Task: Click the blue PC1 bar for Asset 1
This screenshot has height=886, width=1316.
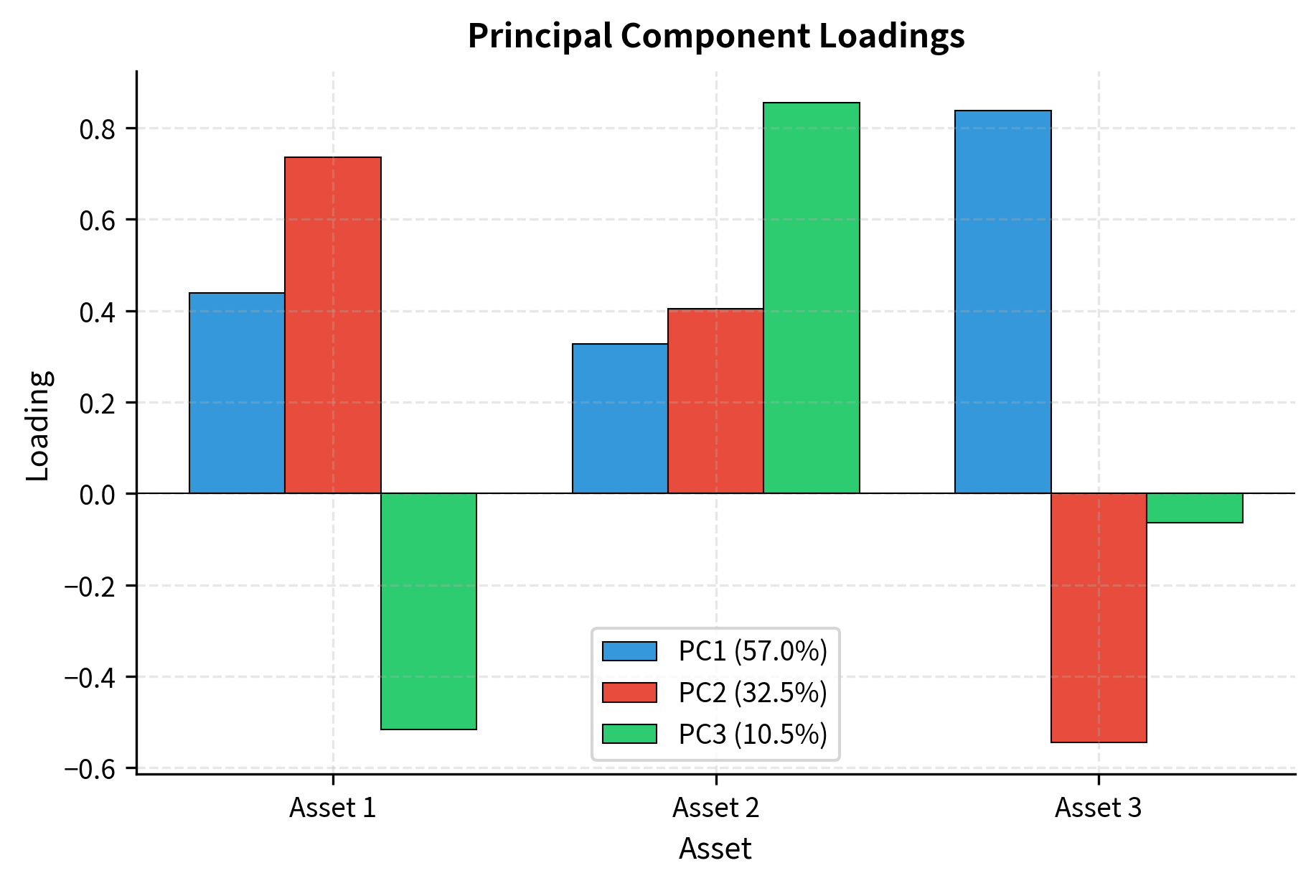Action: click(x=237, y=393)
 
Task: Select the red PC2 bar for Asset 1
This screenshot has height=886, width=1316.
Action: click(x=333, y=325)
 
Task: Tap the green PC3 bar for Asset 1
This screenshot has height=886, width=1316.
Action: click(x=428, y=611)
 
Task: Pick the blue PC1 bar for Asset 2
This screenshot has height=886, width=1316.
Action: click(x=620, y=419)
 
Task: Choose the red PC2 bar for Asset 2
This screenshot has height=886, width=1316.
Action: click(x=715, y=401)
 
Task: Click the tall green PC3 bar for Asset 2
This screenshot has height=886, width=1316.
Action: click(x=812, y=298)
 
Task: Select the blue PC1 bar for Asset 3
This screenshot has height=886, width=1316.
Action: click(x=1002, y=302)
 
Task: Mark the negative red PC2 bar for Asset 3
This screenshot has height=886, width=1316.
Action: click(x=1099, y=617)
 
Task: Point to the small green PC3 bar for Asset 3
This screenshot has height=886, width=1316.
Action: click(x=1195, y=508)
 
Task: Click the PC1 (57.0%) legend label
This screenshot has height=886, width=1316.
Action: click(x=753, y=651)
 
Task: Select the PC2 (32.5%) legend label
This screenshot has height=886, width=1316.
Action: click(x=753, y=693)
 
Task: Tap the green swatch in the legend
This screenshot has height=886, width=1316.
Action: click(x=629, y=734)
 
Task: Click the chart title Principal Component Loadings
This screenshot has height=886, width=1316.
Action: click(x=715, y=36)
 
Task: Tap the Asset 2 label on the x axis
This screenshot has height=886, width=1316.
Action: click(x=715, y=808)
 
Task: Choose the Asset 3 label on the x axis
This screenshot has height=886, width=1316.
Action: click(x=1098, y=808)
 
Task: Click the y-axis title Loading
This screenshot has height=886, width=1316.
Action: click(x=37, y=425)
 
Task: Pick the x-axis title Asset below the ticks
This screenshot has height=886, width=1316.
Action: click(x=715, y=849)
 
